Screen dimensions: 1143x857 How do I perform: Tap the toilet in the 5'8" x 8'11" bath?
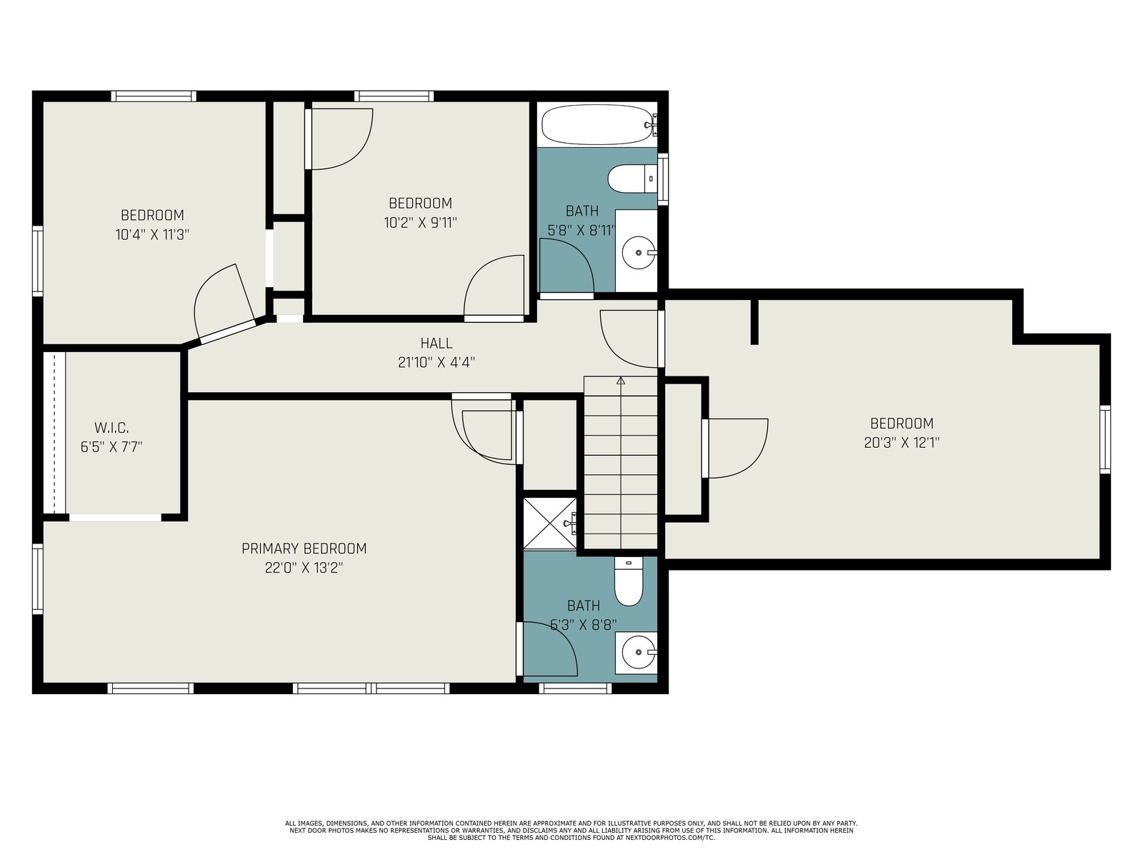tap(632, 179)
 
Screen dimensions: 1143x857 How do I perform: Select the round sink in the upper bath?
tap(639, 252)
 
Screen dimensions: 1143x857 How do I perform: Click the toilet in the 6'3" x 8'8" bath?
tap(629, 581)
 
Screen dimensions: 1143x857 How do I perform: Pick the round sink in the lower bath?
tap(638, 653)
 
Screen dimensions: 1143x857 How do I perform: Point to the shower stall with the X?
tap(550, 523)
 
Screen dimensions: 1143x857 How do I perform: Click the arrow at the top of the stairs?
tap(621, 381)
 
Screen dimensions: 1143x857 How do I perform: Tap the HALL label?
tap(436, 344)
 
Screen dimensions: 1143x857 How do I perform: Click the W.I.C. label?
tap(111, 428)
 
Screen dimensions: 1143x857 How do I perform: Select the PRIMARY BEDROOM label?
tap(304, 548)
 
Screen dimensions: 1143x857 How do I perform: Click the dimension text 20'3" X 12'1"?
tap(902, 443)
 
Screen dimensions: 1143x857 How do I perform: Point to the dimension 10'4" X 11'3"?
tap(152, 235)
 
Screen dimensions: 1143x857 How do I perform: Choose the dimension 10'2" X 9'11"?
tap(421, 223)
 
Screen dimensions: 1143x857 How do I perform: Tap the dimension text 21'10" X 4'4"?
tap(436, 362)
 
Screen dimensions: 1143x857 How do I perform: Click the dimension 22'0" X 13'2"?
tap(304, 568)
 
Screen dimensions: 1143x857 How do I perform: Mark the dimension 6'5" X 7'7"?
tap(111, 447)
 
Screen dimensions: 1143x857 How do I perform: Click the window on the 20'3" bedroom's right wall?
tap(1105, 440)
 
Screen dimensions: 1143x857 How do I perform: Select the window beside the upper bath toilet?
tap(663, 179)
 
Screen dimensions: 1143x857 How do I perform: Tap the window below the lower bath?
tap(575, 688)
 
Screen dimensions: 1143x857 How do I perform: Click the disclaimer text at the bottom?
tap(571, 831)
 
